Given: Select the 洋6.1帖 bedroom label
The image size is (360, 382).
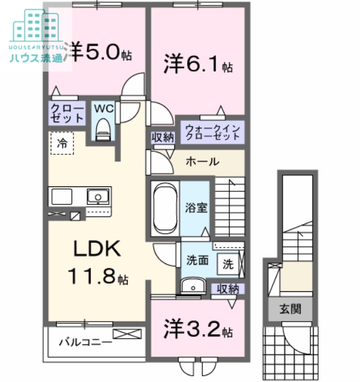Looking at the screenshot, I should pyautogui.click(x=198, y=64).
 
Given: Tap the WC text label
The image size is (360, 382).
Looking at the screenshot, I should pyautogui.click(x=103, y=109).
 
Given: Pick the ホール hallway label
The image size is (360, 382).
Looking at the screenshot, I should pyautogui.click(x=202, y=162).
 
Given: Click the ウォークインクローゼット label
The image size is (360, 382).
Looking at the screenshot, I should pyautogui.click(x=212, y=132).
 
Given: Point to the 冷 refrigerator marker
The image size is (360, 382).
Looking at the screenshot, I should pyautogui.click(x=62, y=143).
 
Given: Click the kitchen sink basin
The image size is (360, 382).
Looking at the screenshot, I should pyautogui.click(x=98, y=197).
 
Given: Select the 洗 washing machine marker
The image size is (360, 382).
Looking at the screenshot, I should pyautogui.click(x=228, y=264).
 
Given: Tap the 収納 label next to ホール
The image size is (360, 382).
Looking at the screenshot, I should pyautogui.click(x=162, y=138).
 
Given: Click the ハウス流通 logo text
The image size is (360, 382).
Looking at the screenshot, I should pyautogui.click(x=36, y=59).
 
